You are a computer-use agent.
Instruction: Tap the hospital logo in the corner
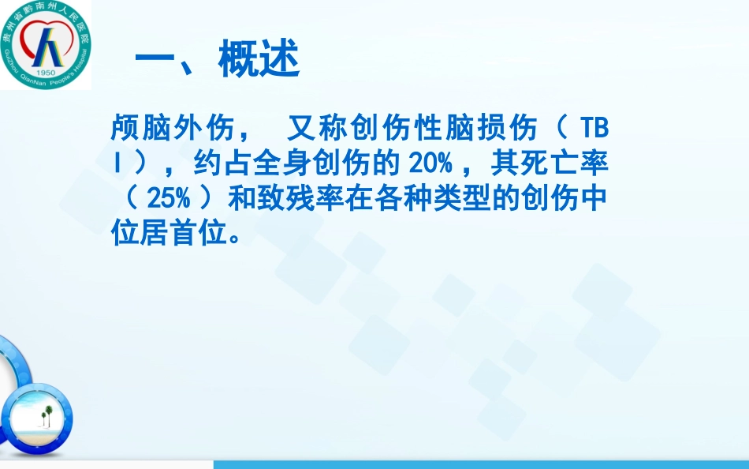(46, 45)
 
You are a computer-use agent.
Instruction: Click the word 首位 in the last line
(200, 234)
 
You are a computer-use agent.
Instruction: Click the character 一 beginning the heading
(154, 60)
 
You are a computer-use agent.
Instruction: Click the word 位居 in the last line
(141, 234)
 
